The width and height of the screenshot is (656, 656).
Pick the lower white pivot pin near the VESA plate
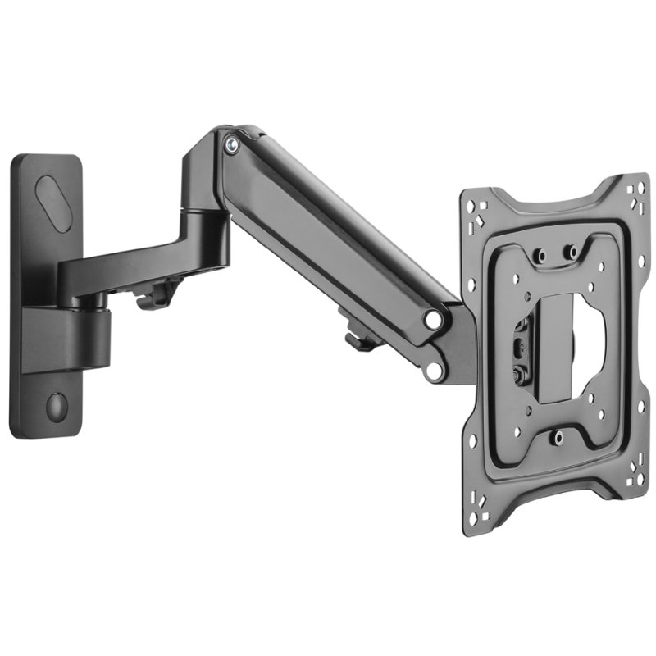[434, 371]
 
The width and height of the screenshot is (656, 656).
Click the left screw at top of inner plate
[540, 256]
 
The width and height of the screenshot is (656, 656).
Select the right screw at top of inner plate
[572, 252]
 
